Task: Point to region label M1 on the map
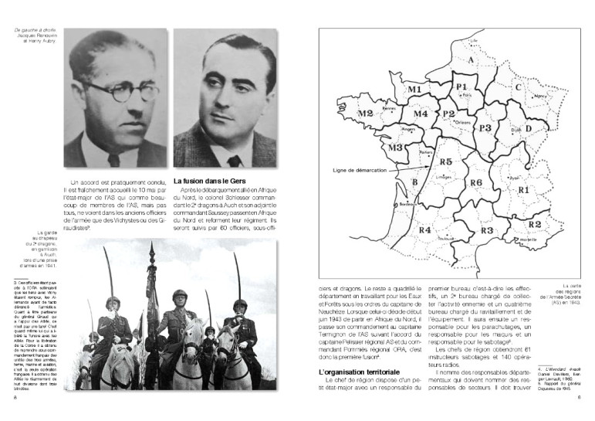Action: tap(414, 90)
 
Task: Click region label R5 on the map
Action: tap(445, 162)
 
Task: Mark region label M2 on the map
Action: tap(366, 113)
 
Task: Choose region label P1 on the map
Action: tap(463, 85)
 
